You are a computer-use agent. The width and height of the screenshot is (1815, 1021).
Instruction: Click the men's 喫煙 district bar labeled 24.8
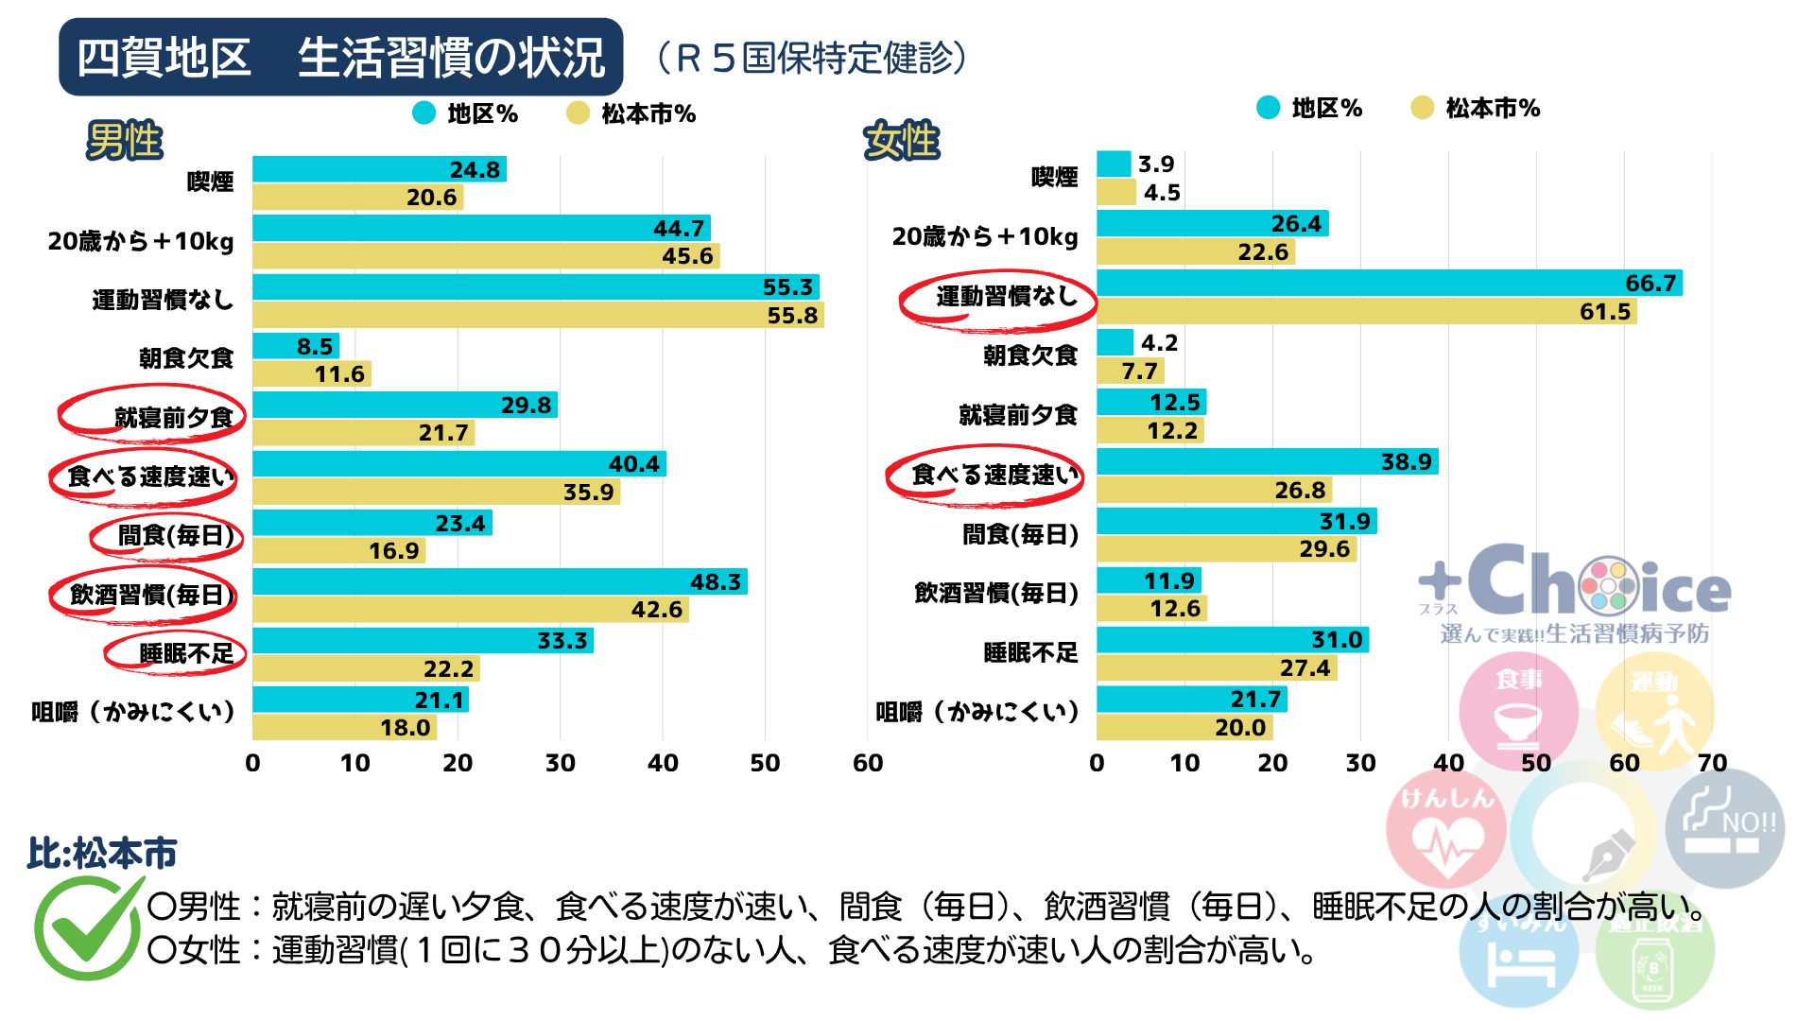(378, 169)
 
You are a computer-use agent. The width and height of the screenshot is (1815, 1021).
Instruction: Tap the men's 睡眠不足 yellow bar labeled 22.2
(366, 668)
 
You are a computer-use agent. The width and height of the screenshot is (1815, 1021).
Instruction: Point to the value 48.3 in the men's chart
(715, 581)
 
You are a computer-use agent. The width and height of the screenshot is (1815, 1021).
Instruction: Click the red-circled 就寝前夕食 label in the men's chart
(173, 417)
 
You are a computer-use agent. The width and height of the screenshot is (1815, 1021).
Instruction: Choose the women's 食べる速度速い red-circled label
(994, 475)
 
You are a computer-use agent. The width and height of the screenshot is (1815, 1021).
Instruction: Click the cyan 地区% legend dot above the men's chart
(424, 113)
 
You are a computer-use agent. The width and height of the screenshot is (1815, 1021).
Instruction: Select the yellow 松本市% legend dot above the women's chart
(1422, 108)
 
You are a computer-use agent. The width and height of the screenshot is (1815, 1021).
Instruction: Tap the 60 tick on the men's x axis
(867, 763)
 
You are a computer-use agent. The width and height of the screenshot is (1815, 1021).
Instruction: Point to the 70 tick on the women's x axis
(1711, 763)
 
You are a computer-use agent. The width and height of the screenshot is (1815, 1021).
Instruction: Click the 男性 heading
(125, 141)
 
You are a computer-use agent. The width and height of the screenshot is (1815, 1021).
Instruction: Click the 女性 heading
(902, 141)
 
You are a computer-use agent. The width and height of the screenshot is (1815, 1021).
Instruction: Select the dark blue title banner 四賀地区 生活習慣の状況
(340, 57)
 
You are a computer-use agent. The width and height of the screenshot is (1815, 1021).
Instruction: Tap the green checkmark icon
(87, 926)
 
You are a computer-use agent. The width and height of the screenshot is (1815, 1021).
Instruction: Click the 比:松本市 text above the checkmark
(102, 853)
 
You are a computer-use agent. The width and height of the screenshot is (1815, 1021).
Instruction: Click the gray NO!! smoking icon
(1724, 827)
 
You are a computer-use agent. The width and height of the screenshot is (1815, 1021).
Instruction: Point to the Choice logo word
(1598, 584)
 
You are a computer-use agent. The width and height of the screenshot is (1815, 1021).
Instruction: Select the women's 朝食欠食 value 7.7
(1139, 372)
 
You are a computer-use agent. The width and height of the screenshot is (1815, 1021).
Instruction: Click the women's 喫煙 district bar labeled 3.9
(1114, 164)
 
